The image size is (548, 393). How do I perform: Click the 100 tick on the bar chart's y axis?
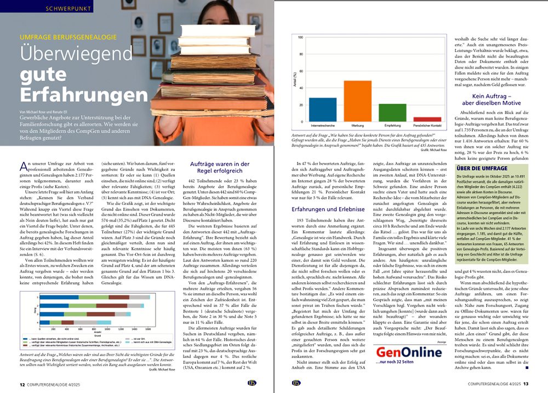[x=300, y=38]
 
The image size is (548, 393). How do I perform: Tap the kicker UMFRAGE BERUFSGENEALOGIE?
[x=68, y=37]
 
